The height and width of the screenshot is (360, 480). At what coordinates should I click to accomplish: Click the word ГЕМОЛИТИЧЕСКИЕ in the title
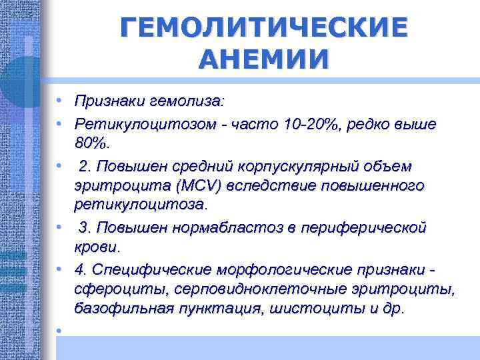tap(263, 29)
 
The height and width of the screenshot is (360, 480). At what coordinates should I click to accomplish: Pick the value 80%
tap(94, 143)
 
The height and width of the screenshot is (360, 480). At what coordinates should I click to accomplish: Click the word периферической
tap(366, 228)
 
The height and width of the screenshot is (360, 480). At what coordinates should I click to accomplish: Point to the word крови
tap(97, 247)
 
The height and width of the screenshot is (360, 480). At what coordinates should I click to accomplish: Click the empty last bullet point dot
tap(59, 331)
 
